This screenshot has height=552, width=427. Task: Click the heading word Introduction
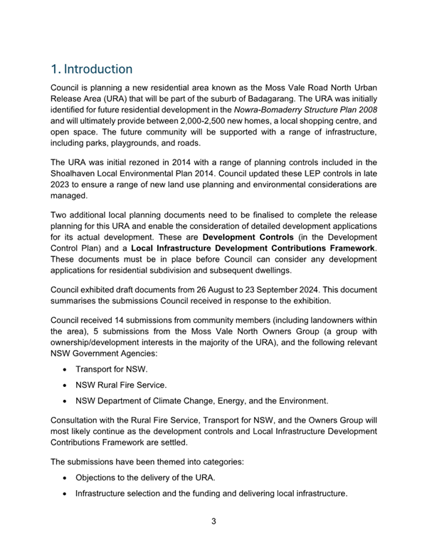tap(97, 69)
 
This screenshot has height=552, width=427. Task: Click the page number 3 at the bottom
tap(213, 521)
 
